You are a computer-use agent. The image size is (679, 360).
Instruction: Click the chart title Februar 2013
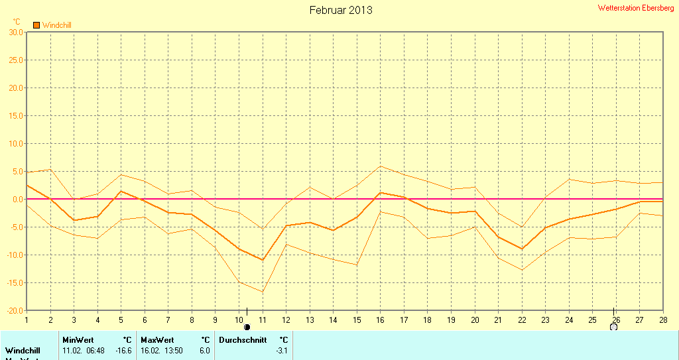[341, 10]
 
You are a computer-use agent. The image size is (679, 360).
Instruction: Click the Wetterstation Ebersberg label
[636, 8]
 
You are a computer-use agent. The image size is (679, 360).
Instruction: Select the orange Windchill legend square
[36, 25]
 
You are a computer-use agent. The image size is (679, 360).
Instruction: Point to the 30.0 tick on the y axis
[15, 32]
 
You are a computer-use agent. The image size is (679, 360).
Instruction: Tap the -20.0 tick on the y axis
[13, 310]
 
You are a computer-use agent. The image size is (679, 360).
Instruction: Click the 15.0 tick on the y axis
[15, 115]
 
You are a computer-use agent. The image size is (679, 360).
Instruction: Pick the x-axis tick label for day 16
[381, 320]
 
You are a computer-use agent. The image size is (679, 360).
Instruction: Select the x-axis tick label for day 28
[662, 320]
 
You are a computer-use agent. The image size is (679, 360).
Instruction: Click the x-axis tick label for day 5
[121, 320]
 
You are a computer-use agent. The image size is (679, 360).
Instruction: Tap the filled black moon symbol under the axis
[247, 327]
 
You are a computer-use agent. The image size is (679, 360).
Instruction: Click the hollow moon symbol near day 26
[613, 327]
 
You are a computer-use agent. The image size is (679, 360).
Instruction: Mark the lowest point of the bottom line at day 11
[263, 292]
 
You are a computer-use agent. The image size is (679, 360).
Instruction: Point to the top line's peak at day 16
[381, 166]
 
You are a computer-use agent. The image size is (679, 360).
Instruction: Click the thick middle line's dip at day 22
[522, 249]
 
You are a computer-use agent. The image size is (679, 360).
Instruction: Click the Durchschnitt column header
[243, 340]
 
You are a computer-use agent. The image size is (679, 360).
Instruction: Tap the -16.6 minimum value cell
[123, 350]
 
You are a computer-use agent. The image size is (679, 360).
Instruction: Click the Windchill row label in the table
[23, 350]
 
